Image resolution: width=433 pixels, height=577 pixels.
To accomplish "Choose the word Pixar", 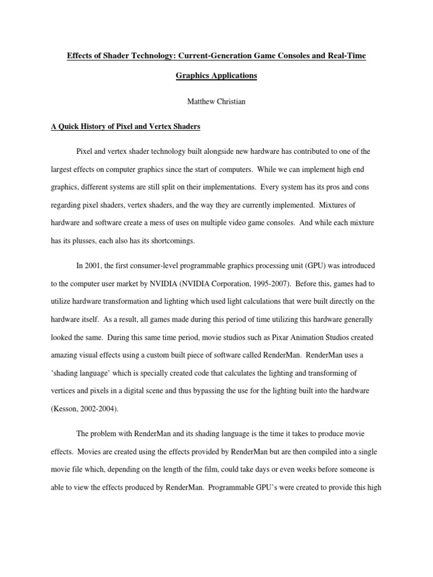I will pos(264,337).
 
